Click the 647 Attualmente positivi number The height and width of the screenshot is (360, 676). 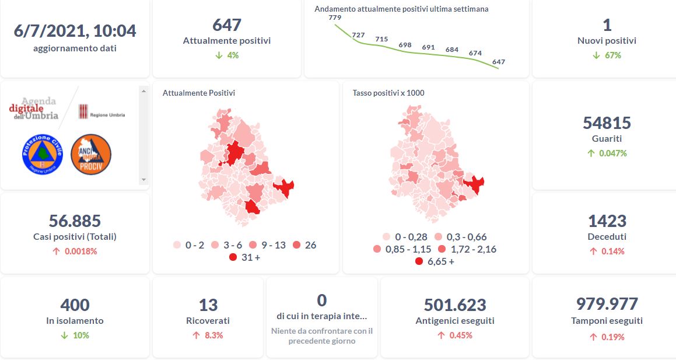tap(227, 25)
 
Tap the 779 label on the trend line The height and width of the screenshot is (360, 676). tap(335, 18)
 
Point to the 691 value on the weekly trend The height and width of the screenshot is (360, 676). tap(429, 47)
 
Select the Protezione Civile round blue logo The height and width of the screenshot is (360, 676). tap(42, 153)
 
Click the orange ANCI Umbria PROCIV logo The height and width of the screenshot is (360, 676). tap(91, 153)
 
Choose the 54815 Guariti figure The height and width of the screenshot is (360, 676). tap(607, 123)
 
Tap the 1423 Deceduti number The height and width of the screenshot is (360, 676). tap(607, 221)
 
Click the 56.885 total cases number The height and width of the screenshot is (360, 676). tap(75, 221)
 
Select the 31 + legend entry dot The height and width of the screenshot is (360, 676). tap(233, 257)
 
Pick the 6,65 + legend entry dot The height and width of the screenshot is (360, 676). tap(419, 261)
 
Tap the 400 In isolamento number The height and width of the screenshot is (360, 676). tap(75, 305)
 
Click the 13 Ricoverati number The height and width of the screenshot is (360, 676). tap(208, 305)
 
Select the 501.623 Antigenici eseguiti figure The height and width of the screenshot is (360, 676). tap(455, 305)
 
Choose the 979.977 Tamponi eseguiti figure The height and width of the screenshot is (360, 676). tap(607, 303)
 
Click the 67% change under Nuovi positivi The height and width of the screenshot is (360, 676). tap(612, 55)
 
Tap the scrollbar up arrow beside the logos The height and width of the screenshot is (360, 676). tap(143, 90)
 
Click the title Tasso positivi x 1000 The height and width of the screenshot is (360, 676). tap(388, 93)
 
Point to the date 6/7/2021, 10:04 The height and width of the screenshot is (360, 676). tap(75, 30)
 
